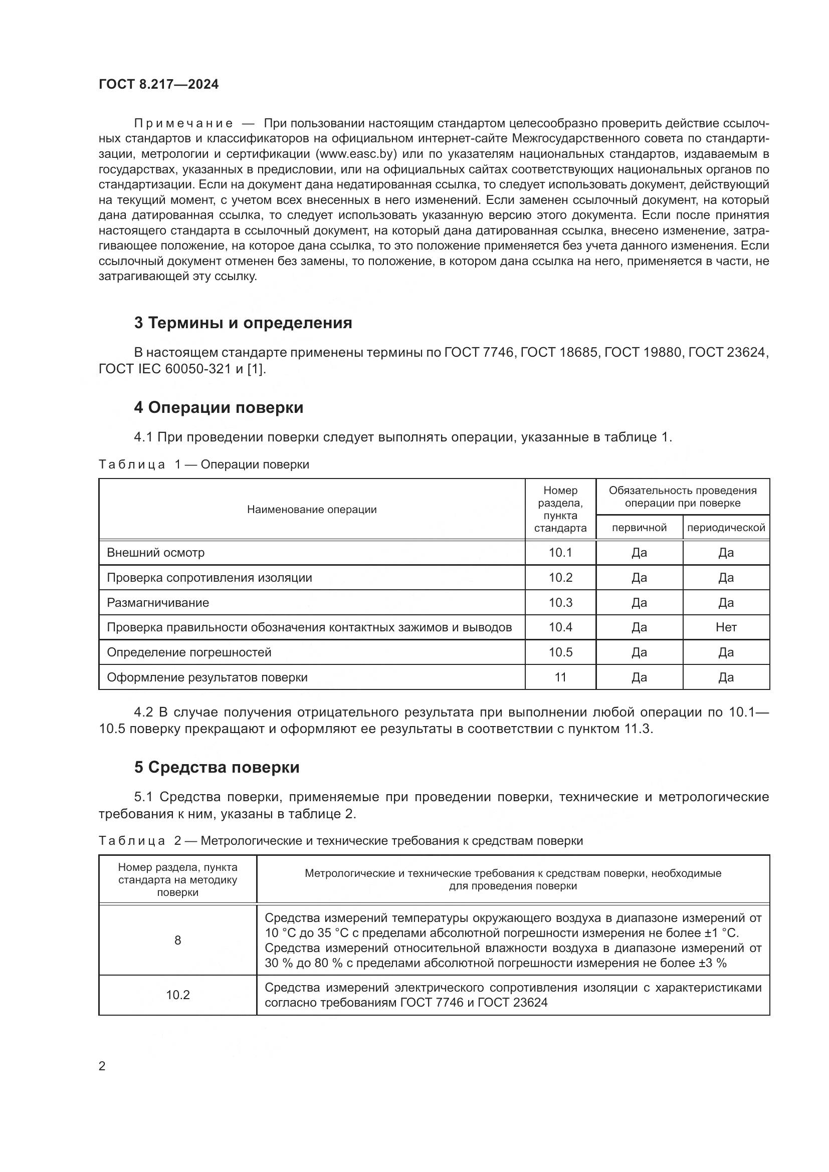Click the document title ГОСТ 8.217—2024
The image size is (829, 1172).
(158, 84)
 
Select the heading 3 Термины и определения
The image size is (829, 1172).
(243, 323)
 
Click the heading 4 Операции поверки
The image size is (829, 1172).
(219, 407)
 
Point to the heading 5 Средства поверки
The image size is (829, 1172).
(217, 767)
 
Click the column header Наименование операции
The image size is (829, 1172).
(311, 509)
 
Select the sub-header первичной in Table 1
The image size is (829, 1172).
(639, 527)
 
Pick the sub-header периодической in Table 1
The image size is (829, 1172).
(726, 527)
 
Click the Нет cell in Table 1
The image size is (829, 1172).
(726, 627)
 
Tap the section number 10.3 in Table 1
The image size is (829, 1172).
(560, 602)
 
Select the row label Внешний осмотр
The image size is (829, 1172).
(155, 552)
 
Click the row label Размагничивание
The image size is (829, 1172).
(158, 602)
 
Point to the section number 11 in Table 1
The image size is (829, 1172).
(560, 677)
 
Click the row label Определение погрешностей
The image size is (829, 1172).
(189, 652)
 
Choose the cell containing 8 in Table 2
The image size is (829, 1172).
(177, 940)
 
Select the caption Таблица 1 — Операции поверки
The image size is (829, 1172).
(203, 464)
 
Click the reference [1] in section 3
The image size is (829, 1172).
(255, 369)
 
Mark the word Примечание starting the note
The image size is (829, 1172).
(183, 123)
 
